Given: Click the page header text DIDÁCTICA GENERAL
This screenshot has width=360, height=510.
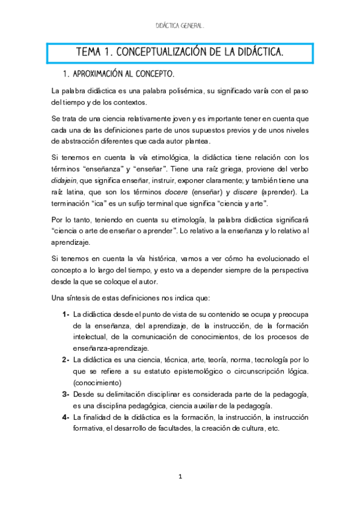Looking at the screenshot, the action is coord(180,26).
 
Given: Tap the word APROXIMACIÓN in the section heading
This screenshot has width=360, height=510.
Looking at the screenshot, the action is coord(99,75).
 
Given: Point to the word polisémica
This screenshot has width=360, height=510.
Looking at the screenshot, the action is coord(180,91).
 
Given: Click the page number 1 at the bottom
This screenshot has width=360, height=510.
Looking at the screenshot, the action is coord(180,476).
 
